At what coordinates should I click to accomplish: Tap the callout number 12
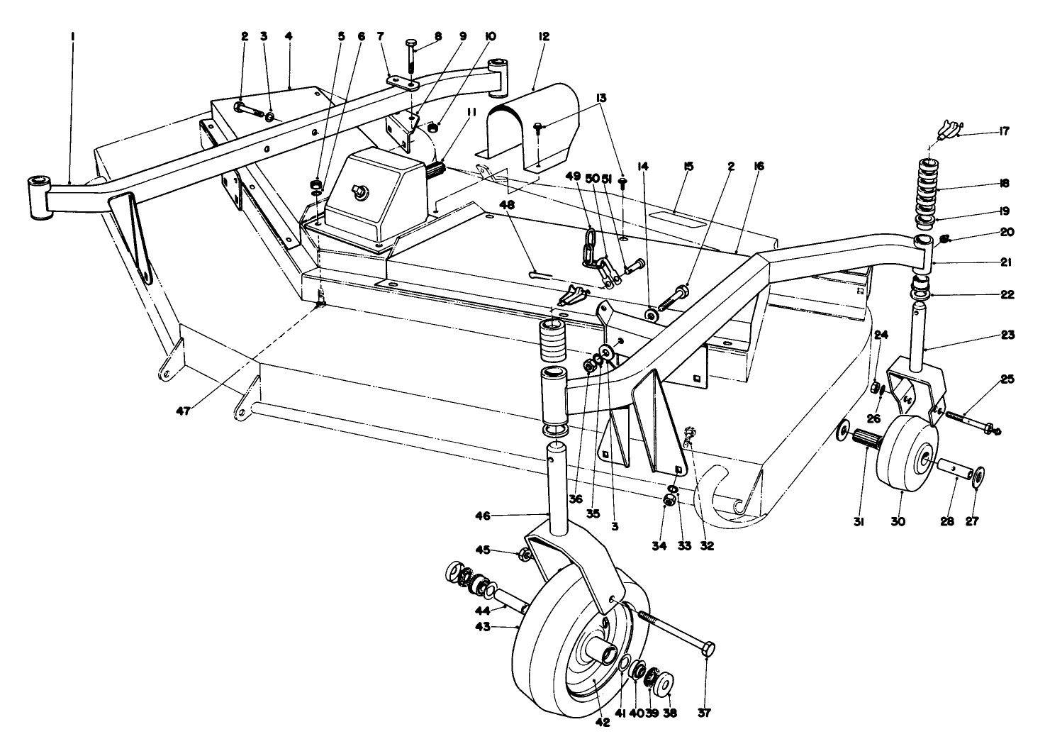(x=544, y=37)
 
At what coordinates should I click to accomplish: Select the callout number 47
(x=183, y=411)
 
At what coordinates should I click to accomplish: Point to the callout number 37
(x=705, y=712)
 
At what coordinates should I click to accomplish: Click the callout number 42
(x=603, y=723)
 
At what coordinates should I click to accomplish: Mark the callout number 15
(x=688, y=167)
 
